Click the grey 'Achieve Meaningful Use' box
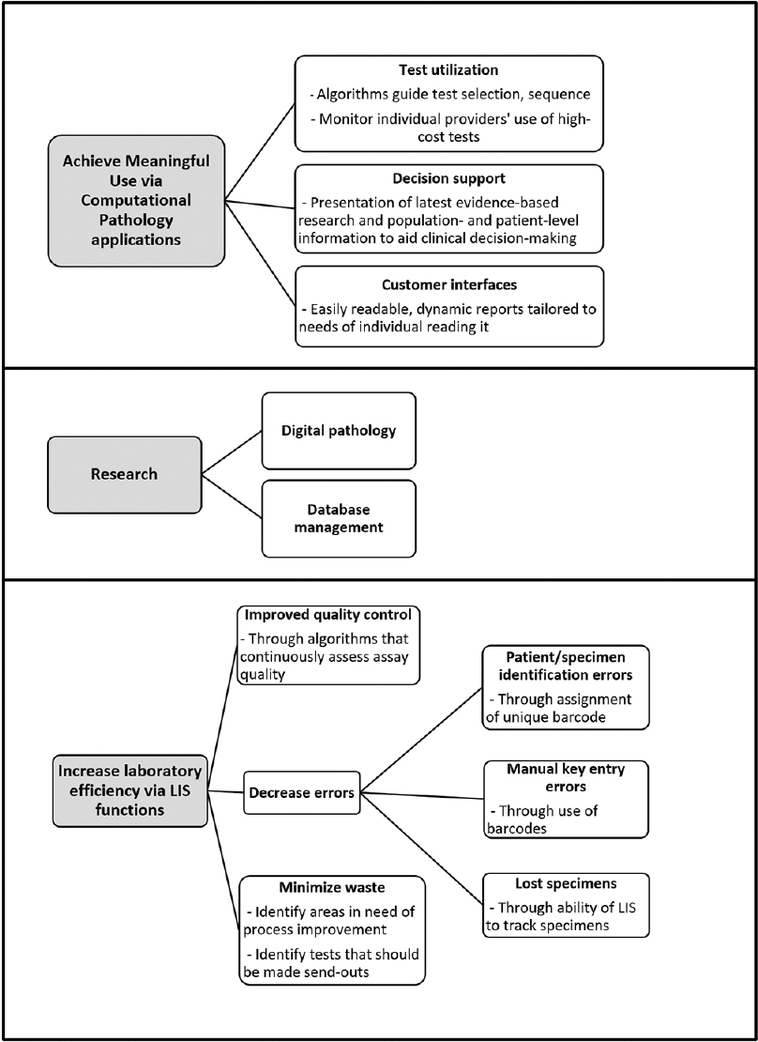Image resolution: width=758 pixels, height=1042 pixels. coord(136,201)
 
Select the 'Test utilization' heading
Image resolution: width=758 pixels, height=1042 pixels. coord(449,69)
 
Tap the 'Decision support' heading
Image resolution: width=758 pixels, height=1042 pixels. coord(448,178)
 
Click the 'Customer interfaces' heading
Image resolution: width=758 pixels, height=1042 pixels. coord(449,284)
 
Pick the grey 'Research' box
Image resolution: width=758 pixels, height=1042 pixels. coord(124,474)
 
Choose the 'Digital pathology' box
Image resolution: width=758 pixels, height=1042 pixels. coord(339,431)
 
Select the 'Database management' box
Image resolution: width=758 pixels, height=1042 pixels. coord(339,518)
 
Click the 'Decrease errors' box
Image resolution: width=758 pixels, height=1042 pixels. coord(302,792)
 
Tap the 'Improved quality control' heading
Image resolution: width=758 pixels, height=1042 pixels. coord(329,616)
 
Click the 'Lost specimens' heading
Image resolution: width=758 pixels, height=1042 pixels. coord(566,884)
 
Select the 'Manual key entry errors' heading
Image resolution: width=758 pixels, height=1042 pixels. coord(566,777)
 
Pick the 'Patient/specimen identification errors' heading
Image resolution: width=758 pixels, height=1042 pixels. coord(566,666)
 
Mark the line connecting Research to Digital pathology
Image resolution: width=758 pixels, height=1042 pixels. coord(232,452)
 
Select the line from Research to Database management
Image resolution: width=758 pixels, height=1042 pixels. coord(232,497)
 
